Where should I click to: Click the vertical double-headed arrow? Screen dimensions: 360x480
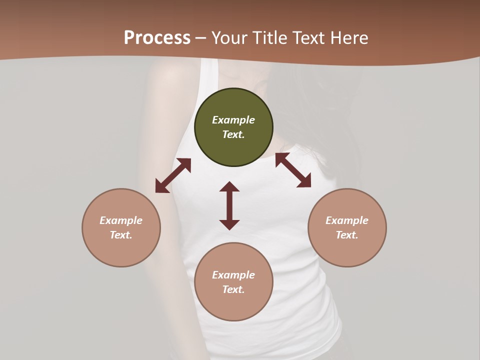point(229,205)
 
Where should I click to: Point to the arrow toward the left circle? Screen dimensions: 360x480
point(173,175)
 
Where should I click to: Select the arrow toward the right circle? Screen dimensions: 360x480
point(293,170)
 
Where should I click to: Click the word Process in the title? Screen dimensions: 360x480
point(157,38)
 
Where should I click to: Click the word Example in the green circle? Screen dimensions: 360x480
point(233,120)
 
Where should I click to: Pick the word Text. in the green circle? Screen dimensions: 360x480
point(233,134)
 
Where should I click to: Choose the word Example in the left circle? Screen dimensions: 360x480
point(121,220)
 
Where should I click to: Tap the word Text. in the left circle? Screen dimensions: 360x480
point(121,235)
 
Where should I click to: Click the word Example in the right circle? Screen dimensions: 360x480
point(347,220)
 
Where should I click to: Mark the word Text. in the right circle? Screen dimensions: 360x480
point(347,235)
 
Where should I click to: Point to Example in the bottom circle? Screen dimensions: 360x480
point(233,275)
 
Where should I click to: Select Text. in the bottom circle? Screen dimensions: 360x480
point(233,289)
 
